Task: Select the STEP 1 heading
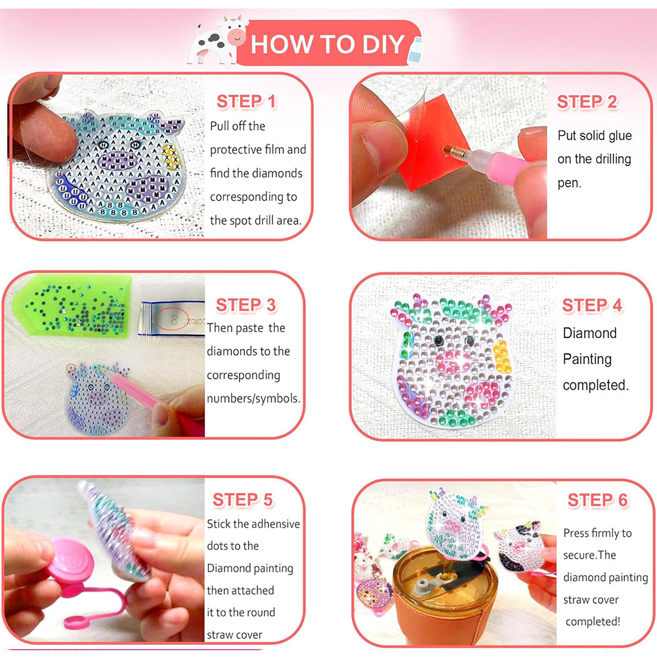pyautogui.click(x=246, y=101)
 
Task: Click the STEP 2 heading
pyautogui.click(x=587, y=102)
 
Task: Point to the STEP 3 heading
pyautogui.click(x=246, y=305)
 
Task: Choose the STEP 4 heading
pyautogui.click(x=592, y=305)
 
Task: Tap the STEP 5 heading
pyautogui.click(x=243, y=499)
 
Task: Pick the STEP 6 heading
pyautogui.click(x=598, y=500)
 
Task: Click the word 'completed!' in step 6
pyautogui.click(x=593, y=622)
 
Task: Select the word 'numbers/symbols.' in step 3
pyautogui.click(x=253, y=398)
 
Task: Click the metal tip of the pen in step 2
pyautogui.click(x=451, y=151)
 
